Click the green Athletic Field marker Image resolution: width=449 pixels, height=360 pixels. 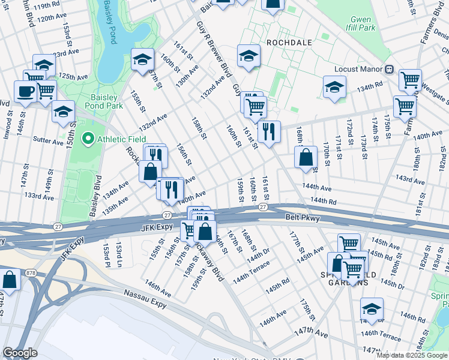pyautogui.click(x=89, y=140)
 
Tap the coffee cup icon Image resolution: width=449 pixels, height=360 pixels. pyautogui.click(x=25, y=91)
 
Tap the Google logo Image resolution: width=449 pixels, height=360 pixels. pyautogui.click(x=20, y=353)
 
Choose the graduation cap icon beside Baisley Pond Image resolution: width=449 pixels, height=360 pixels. pyautogui.click(x=142, y=59)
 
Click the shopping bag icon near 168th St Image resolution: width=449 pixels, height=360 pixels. pyautogui.click(x=306, y=158)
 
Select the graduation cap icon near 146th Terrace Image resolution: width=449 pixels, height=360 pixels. pyautogui.click(x=372, y=308)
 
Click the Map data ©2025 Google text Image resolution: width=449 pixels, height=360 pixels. pyautogui.click(x=412, y=355)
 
